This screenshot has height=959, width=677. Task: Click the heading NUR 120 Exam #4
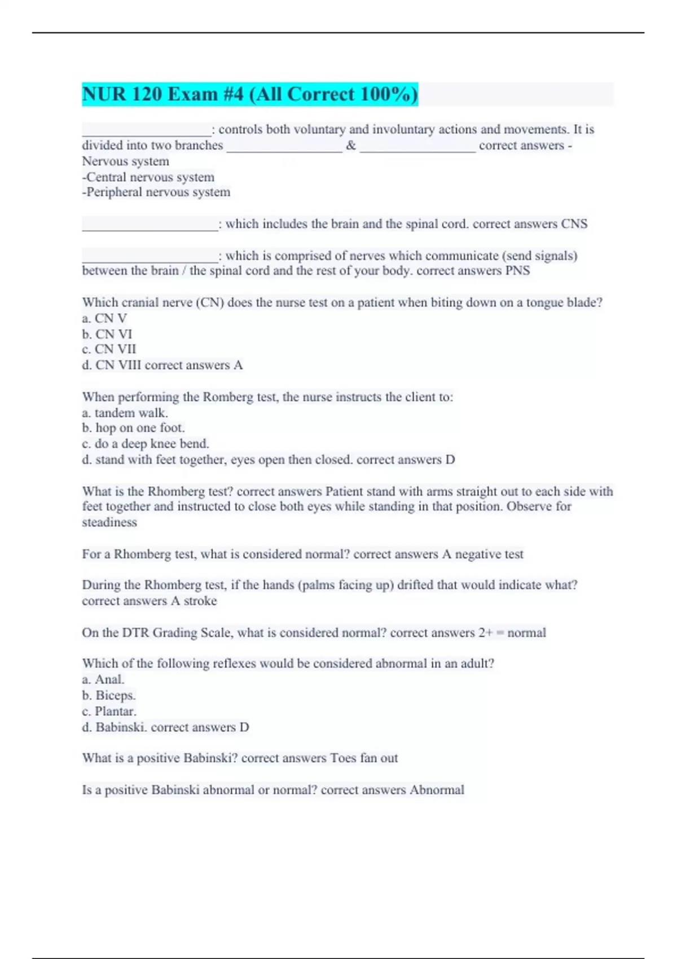[x=249, y=94]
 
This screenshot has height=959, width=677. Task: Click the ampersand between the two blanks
[x=351, y=146]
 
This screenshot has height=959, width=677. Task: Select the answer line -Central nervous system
[x=148, y=177]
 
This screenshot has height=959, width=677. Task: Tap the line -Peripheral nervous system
[x=156, y=192]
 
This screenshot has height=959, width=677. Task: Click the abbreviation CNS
[x=574, y=224]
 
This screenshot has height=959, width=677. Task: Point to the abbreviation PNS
[x=517, y=271]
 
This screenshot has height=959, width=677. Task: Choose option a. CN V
[x=104, y=319]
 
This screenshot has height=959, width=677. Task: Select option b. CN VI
[x=107, y=334]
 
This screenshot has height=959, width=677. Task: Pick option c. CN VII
[x=109, y=349]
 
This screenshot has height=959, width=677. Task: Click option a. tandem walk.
[x=125, y=413]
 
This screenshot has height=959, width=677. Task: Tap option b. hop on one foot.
[x=133, y=428]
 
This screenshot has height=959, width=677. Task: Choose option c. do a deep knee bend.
[x=146, y=444]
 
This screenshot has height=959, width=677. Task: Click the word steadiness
[x=109, y=522]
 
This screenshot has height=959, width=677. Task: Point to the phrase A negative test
[x=482, y=555]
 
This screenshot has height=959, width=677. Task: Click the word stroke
[x=200, y=601]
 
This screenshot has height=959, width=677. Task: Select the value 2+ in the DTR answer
[x=486, y=633]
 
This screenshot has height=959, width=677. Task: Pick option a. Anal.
[x=103, y=680]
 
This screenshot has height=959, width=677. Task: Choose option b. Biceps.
[x=109, y=696]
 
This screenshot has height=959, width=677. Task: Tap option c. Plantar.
[x=109, y=711]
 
